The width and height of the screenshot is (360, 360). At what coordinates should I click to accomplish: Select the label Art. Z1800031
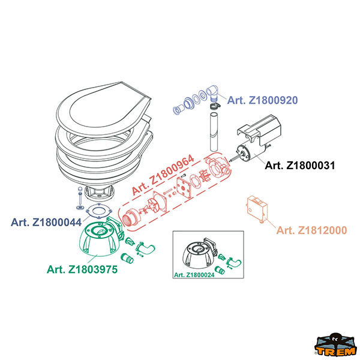(299, 165)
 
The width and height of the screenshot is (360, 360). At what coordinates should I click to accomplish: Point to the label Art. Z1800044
(46, 222)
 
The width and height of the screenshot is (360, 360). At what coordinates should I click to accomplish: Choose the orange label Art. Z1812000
(311, 230)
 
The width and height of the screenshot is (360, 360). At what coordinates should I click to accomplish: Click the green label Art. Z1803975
(82, 269)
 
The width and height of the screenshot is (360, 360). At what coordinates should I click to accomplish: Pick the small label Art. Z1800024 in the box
(194, 275)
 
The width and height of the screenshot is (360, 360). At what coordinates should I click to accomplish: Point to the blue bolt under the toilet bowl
(79, 199)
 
